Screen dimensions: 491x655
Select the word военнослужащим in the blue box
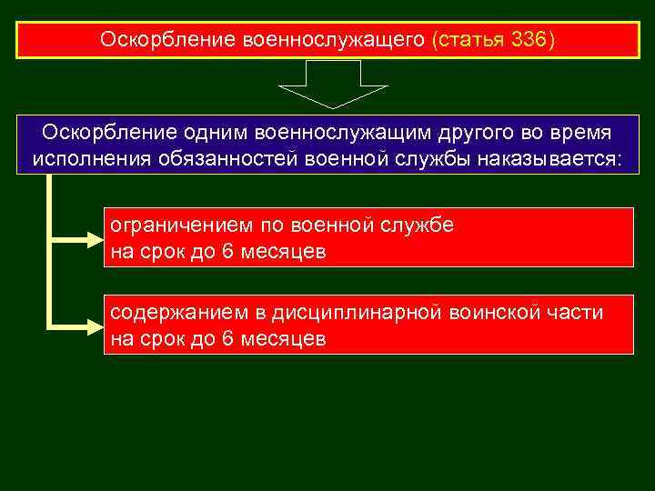(328, 134)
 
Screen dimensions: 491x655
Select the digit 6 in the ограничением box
(227, 252)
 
